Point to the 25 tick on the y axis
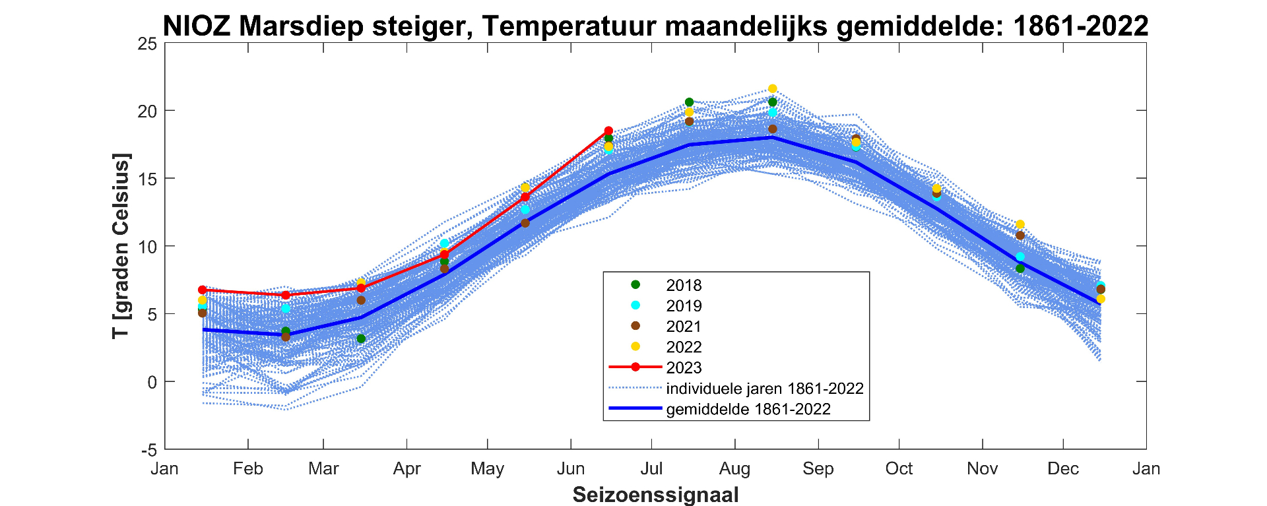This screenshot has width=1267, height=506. (148, 44)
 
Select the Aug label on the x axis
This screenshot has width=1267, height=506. (734, 469)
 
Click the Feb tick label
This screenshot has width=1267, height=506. (247, 469)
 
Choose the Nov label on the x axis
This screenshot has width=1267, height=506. (982, 469)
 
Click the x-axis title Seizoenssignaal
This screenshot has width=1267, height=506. (655, 495)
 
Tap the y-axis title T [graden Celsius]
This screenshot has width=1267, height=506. (121, 246)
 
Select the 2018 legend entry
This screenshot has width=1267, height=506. (684, 285)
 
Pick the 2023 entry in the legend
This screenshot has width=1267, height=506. (684, 367)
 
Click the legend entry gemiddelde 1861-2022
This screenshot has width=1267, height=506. (748, 409)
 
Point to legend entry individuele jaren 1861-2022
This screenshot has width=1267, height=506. (764, 389)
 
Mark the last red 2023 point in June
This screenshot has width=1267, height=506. (608, 131)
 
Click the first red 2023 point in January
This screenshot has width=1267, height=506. (203, 290)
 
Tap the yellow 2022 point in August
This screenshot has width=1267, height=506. (773, 89)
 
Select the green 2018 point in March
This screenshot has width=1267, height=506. (361, 339)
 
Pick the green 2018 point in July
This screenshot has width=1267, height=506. (689, 102)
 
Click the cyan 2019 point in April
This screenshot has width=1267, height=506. (445, 243)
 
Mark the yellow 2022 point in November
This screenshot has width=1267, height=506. (1020, 224)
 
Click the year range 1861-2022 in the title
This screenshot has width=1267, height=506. (1081, 26)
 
